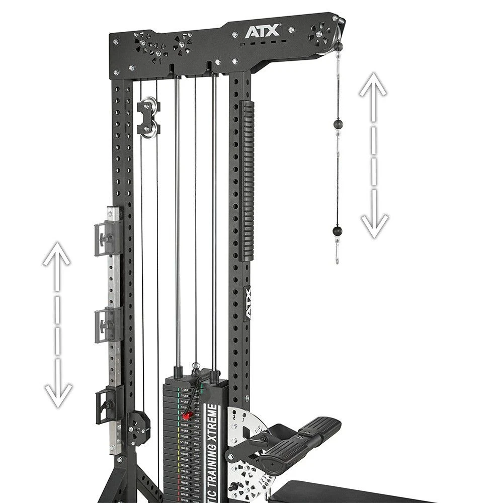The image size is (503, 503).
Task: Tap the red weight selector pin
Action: click(187, 415)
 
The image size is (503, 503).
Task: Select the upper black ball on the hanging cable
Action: click(337, 124)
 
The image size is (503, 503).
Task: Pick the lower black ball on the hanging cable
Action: click(337, 231)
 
